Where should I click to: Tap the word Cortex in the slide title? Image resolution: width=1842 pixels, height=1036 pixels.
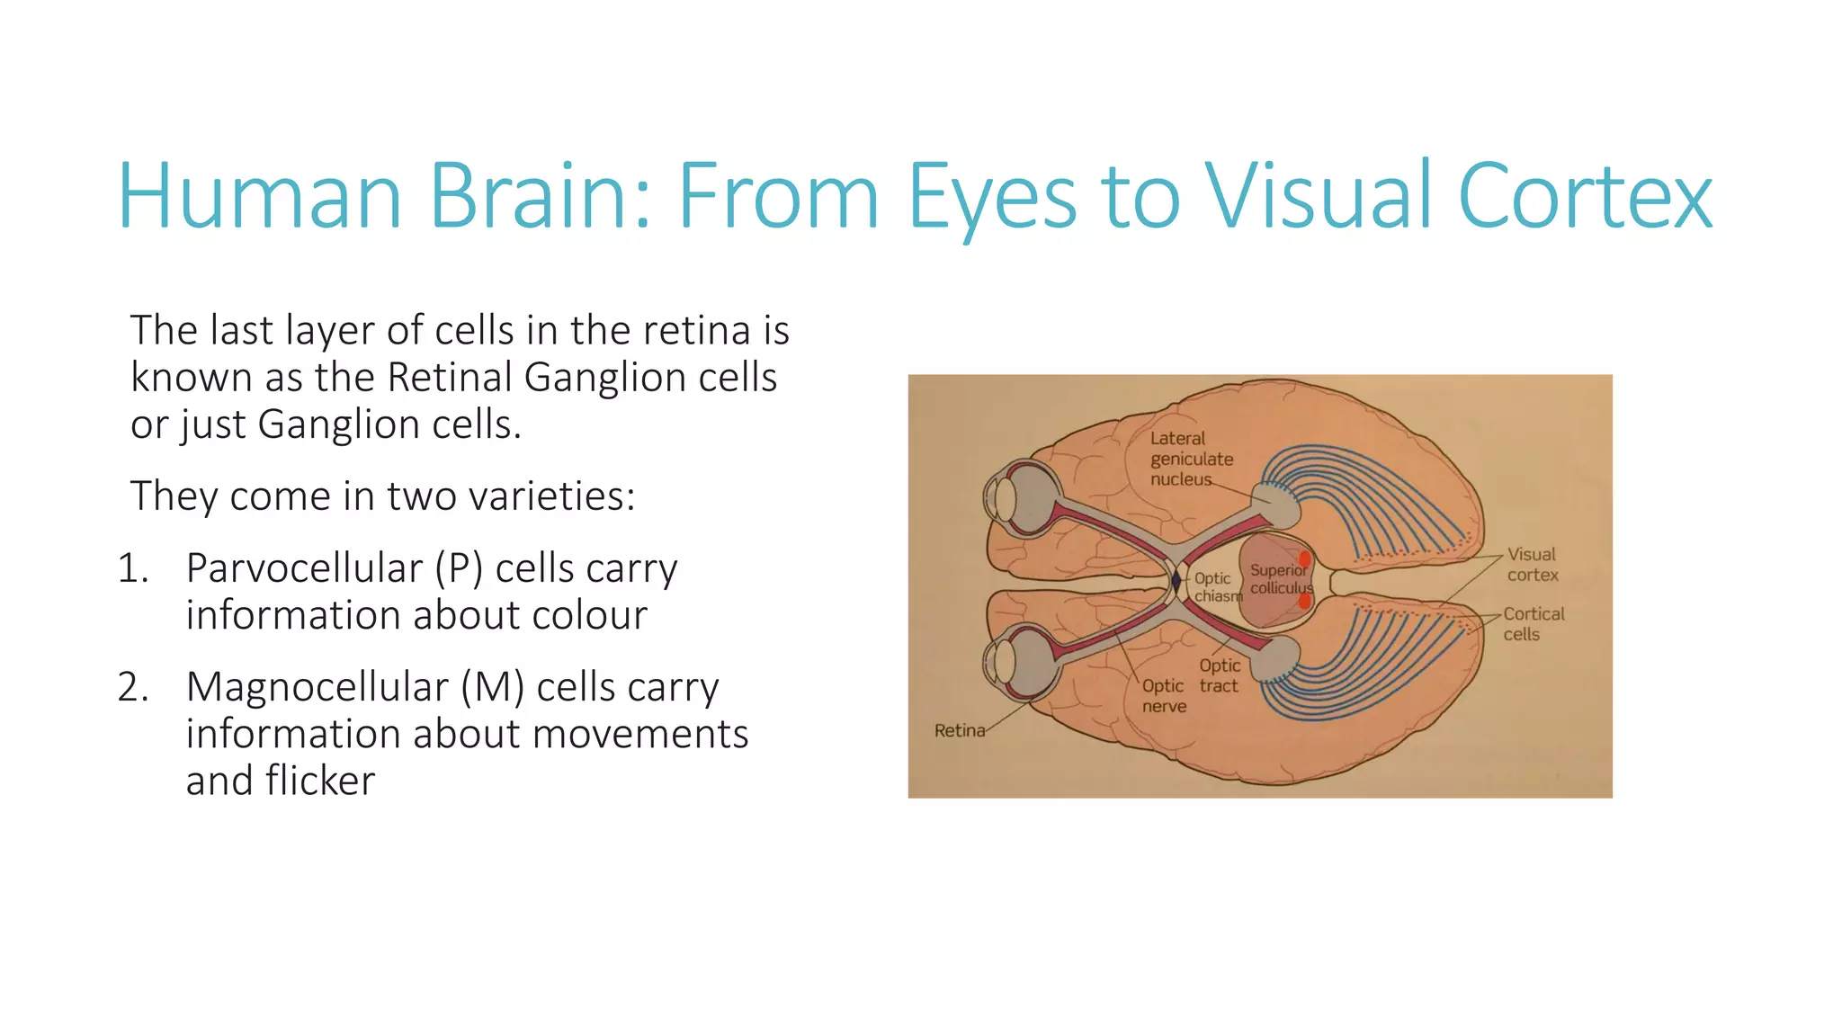tap(1585, 196)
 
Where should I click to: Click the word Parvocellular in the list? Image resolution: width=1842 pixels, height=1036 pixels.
tap(304, 568)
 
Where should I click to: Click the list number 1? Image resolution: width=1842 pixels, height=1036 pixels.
tap(132, 568)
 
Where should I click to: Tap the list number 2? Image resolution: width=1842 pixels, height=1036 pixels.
tap(133, 687)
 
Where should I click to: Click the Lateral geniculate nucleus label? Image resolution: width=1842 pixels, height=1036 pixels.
tap(1191, 459)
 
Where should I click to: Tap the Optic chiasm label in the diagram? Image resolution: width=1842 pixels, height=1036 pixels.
tap(1215, 587)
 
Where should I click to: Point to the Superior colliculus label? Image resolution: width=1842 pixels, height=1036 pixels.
tap(1280, 579)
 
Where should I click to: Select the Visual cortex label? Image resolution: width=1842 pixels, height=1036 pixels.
tap(1533, 565)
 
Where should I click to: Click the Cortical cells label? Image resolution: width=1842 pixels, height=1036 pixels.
tap(1533, 623)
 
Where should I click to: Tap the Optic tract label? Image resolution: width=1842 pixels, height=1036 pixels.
tap(1219, 675)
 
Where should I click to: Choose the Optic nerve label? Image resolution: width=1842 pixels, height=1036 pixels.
tap(1163, 696)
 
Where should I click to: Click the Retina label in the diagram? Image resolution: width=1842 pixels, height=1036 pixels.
tap(959, 730)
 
